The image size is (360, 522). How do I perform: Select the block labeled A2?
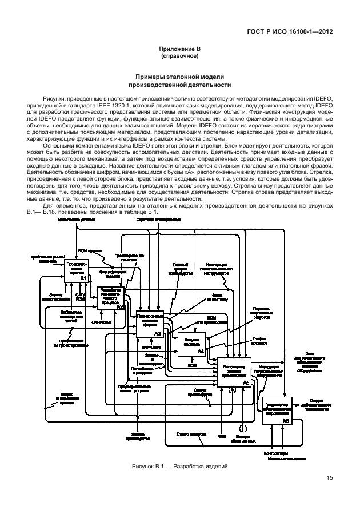(110, 297)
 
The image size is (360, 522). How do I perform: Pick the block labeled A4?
(192, 343)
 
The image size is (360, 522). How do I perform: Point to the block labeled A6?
(277, 410)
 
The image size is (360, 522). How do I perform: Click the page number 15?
(330, 479)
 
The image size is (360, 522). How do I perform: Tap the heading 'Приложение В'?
(179, 49)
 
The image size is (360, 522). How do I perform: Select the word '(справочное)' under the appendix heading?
(179, 57)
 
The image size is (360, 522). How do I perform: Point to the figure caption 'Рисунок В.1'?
(179, 466)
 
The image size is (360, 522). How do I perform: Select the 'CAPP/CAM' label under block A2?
(101, 322)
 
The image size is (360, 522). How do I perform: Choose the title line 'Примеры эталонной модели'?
(179, 77)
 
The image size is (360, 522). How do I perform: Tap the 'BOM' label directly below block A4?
(193, 365)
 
